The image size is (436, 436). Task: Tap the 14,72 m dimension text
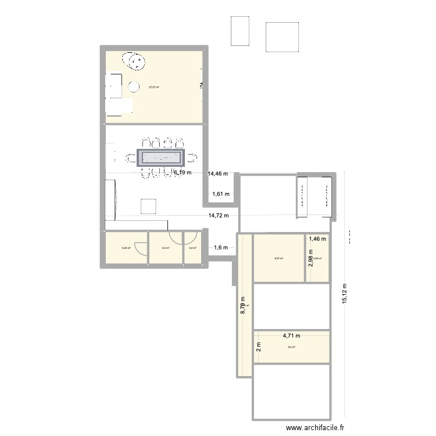(219, 216)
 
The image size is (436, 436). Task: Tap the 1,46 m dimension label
(318, 238)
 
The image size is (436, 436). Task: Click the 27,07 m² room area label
(154, 87)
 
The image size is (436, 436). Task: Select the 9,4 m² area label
(291, 348)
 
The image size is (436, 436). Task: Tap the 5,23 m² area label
(126, 248)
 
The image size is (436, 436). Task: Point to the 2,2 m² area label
(192, 248)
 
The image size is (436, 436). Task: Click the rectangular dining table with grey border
(160, 158)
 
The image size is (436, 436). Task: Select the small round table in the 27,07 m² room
(134, 87)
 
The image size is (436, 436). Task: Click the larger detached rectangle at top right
(283, 37)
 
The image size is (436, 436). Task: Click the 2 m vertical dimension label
(259, 348)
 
